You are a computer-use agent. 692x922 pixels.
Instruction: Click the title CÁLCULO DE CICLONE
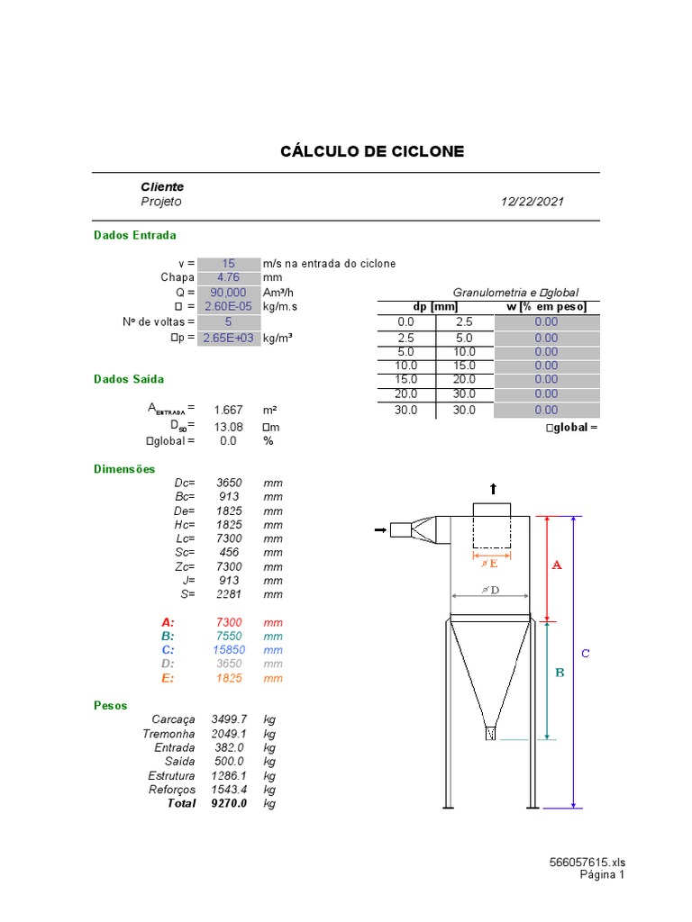(373, 151)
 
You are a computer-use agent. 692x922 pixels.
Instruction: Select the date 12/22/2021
(533, 202)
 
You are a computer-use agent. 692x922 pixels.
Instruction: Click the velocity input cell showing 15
(228, 263)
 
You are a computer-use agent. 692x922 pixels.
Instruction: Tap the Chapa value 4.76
(228, 277)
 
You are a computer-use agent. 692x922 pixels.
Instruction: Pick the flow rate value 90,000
(228, 293)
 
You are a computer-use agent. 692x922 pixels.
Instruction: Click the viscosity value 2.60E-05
(228, 306)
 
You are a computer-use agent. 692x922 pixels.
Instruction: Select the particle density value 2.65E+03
(228, 338)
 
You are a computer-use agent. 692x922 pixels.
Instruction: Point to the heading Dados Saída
(129, 379)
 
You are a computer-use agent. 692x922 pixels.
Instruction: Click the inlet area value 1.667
(228, 410)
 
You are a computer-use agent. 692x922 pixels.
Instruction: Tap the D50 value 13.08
(228, 426)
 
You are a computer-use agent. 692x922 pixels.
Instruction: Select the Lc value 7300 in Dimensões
(230, 538)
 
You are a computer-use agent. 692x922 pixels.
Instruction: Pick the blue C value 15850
(230, 649)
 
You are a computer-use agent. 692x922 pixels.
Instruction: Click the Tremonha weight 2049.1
(229, 734)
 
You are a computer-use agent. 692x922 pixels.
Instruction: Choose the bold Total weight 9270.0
(229, 803)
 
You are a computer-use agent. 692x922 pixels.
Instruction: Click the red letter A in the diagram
(556, 565)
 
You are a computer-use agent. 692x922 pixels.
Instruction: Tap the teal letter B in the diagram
(559, 672)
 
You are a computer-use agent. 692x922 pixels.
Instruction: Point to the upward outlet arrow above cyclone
(492, 488)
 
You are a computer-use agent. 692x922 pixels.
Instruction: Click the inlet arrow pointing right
(379, 531)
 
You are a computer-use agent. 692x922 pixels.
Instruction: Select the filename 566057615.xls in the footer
(587, 862)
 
